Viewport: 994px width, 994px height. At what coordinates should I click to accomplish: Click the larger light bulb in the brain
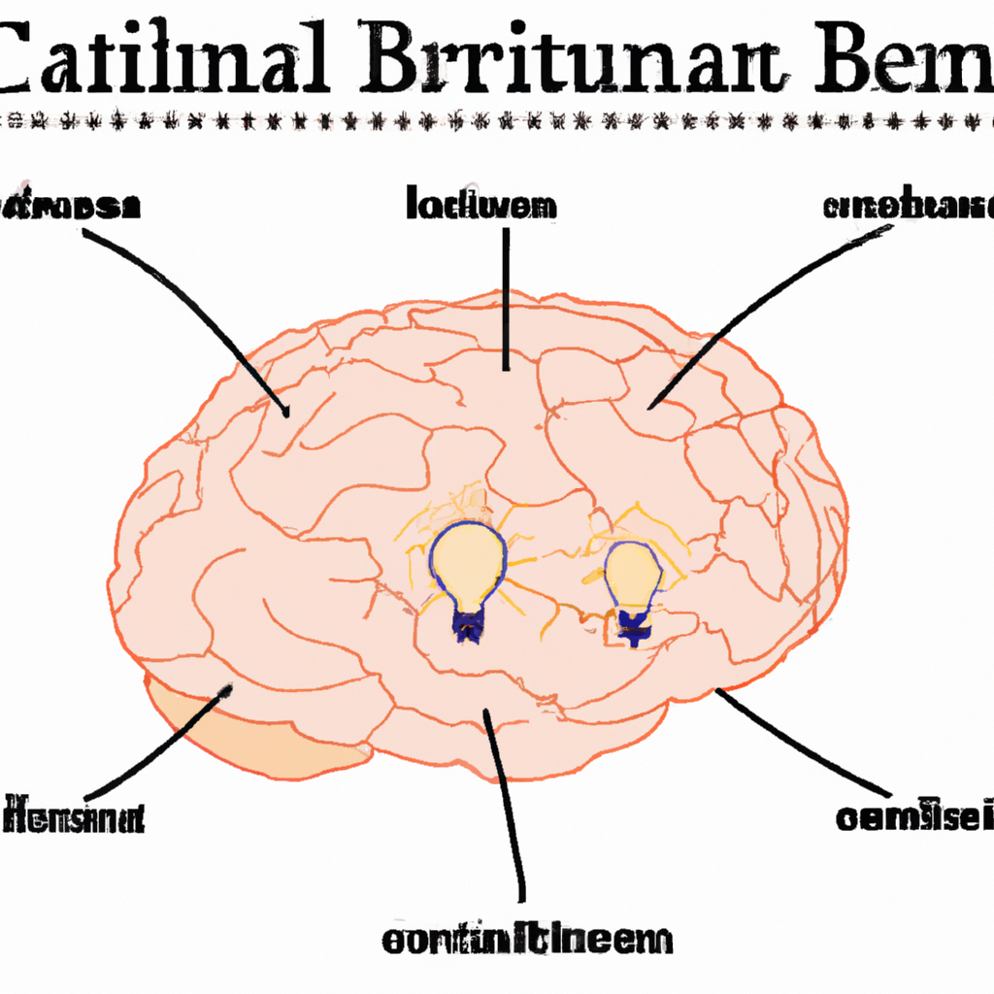coord(469,563)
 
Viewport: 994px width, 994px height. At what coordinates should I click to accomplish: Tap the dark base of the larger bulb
coord(469,626)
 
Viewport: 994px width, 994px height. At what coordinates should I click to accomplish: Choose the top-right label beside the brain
coord(908,206)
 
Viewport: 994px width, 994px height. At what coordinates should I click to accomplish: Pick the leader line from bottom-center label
coord(505,806)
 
